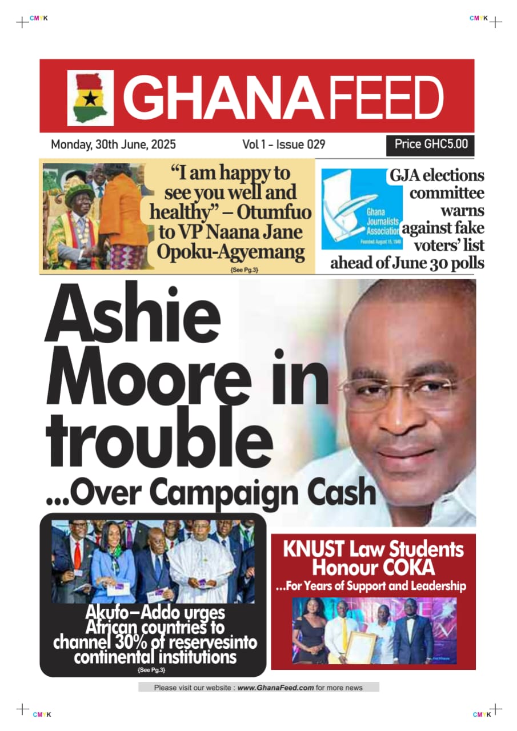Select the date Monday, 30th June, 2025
tap(113, 144)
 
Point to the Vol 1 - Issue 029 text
tap(284, 144)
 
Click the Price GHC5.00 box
tap(431, 144)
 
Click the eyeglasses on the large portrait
tap(397, 389)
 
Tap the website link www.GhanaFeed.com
tap(275, 688)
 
